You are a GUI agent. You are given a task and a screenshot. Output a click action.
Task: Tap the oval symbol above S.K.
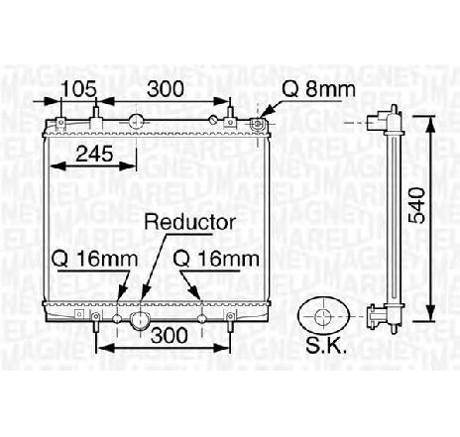point(324,316)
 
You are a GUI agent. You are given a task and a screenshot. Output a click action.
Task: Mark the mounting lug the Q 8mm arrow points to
point(256,123)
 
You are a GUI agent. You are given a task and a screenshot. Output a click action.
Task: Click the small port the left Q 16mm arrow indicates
point(119,318)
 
